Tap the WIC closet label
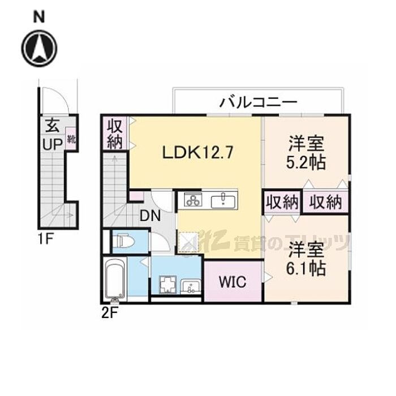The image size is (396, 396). point(232,281)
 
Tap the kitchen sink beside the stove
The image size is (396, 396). point(225,200)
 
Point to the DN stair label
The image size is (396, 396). point(150,216)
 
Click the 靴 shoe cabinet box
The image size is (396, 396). point(71,139)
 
